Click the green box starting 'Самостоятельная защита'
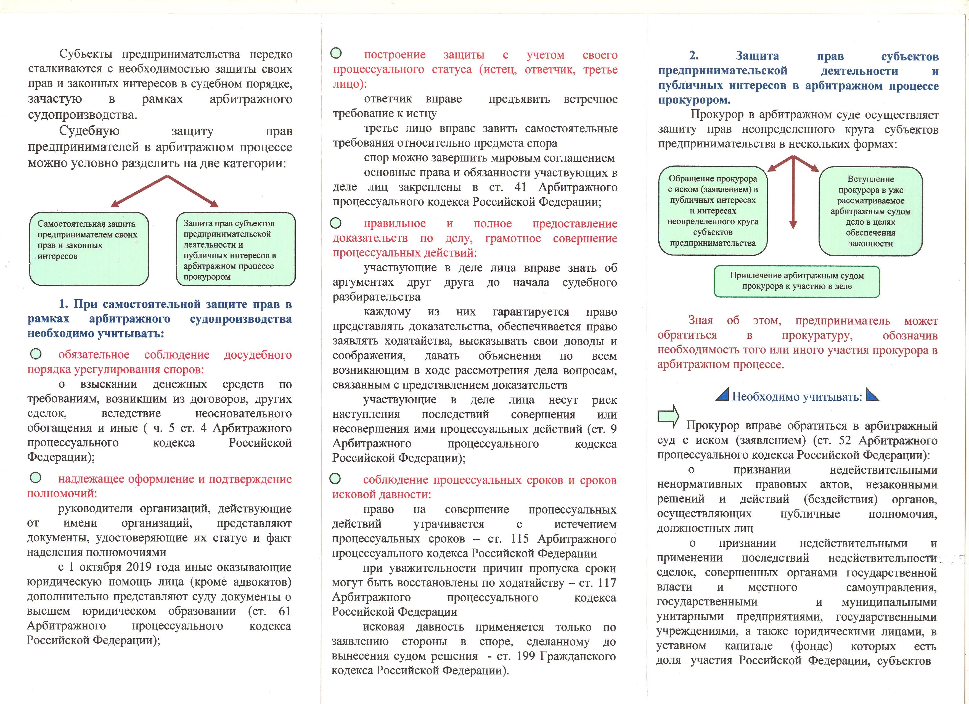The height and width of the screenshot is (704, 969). [89, 249]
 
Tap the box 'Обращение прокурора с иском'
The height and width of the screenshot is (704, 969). [712, 211]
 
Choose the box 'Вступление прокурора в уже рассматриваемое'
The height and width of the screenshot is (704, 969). [870, 211]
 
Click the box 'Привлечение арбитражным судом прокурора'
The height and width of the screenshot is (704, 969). [796, 281]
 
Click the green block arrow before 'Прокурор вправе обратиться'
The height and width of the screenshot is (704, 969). [668, 416]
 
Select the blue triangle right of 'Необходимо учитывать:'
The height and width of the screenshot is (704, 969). [872, 394]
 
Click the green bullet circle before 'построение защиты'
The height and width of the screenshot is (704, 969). [336, 53]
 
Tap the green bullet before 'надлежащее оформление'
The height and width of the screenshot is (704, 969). [36, 478]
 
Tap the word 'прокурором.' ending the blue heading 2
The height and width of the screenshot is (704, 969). [694, 100]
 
